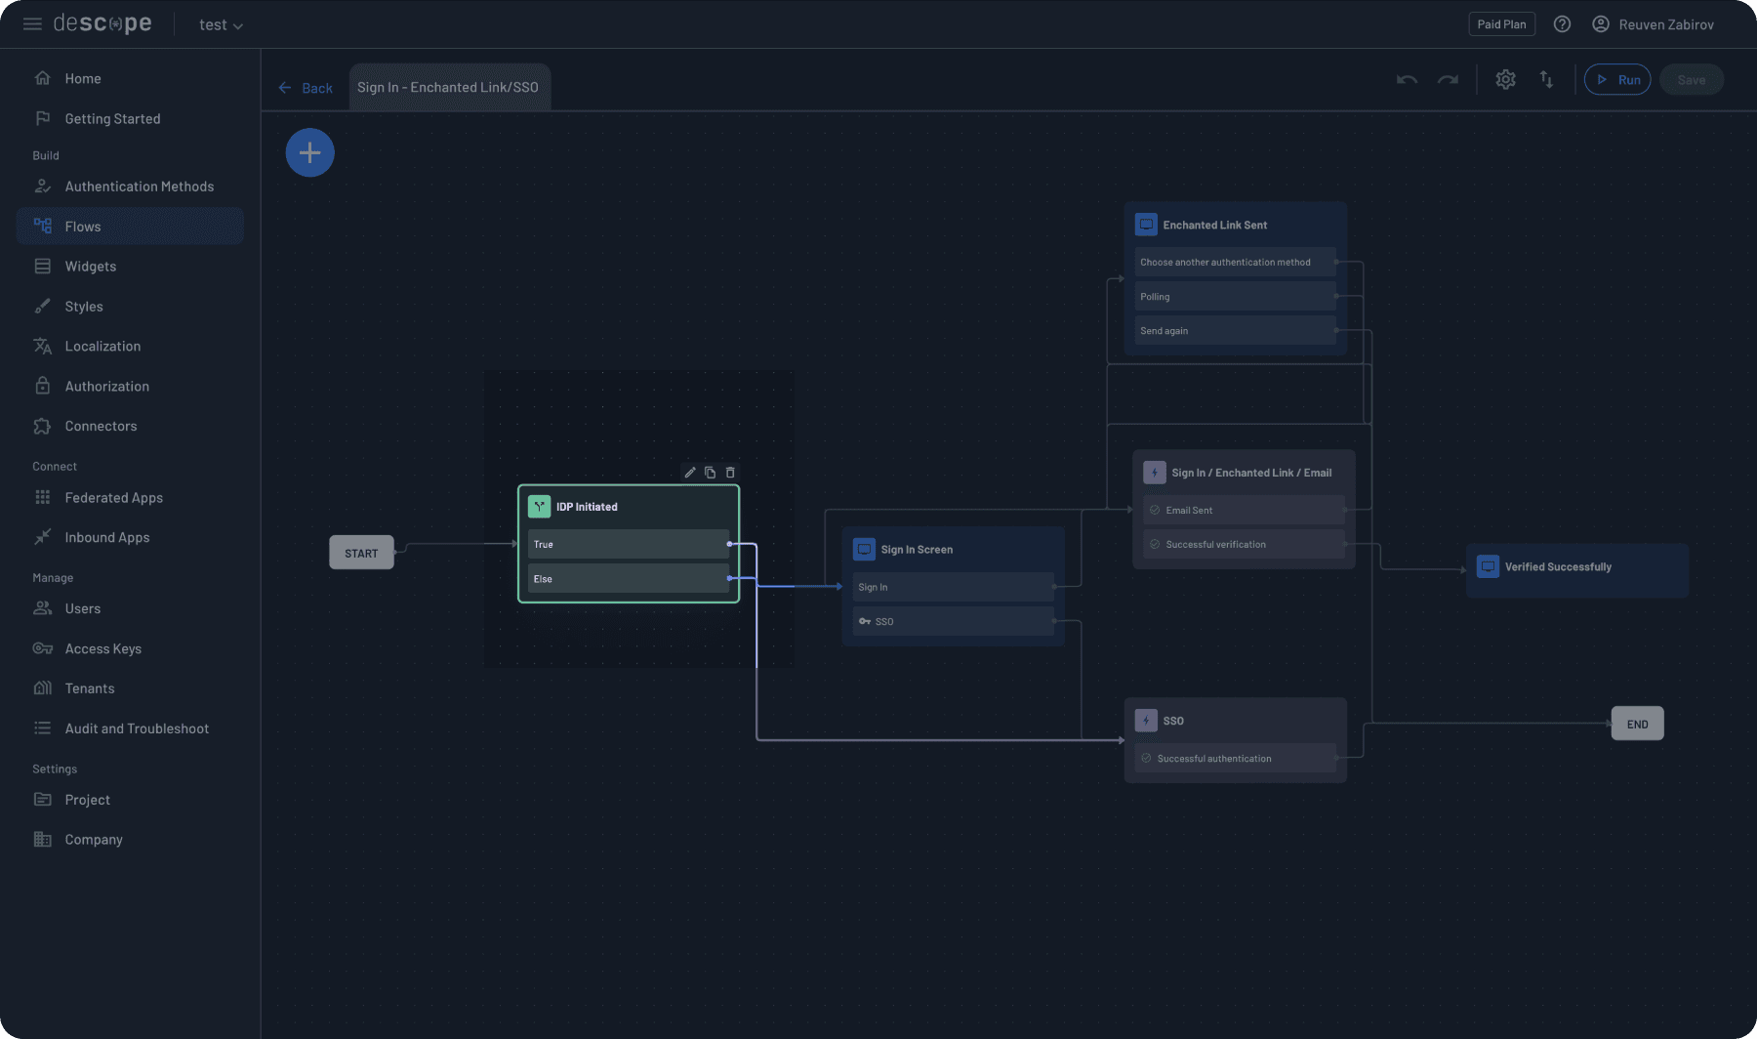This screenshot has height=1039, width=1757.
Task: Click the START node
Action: (361, 553)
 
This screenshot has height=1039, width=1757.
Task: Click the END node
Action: (1637, 724)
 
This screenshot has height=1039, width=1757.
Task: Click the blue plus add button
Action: (309, 152)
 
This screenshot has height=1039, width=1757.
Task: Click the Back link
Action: (306, 88)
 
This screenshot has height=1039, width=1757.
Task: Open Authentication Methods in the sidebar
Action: (139, 187)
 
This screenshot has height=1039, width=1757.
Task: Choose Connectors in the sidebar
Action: (101, 426)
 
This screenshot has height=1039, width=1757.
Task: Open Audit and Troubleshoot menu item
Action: (137, 728)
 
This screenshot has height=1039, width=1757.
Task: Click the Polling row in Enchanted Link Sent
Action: (1235, 297)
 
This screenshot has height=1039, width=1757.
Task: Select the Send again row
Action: (1235, 331)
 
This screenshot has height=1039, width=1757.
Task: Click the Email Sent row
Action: (1244, 510)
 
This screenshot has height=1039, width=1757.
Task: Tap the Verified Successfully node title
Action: (1558, 566)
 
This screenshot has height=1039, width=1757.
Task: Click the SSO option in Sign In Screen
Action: (953, 621)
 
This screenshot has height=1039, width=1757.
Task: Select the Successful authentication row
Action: (1235, 759)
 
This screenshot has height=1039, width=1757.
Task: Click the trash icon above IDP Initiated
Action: (730, 473)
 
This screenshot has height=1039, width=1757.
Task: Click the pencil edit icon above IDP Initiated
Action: (690, 473)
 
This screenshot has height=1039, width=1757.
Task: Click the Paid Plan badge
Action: (1501, 24)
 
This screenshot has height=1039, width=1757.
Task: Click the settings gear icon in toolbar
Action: (1505, 80)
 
